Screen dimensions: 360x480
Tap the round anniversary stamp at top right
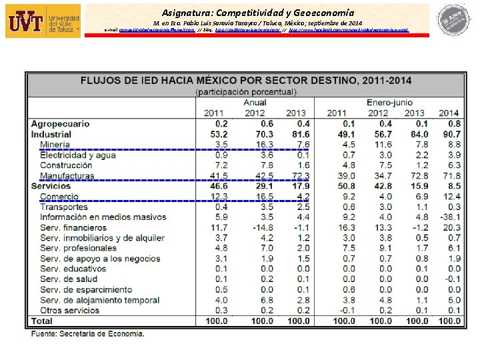(453, 19)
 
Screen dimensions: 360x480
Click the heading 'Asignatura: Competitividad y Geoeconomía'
(258, 12)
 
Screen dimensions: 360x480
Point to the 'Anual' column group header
(255, 103)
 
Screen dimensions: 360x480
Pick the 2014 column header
(449, 113)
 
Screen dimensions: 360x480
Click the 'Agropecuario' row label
(60, 123)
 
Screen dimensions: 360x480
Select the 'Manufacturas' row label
(67, 176)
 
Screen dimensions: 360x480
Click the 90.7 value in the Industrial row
(450, 134)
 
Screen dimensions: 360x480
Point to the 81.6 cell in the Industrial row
(297, 134)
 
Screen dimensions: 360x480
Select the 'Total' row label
(42, 321)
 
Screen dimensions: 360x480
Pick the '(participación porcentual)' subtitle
(246, 91)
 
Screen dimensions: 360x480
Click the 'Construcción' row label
(66, 165)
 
